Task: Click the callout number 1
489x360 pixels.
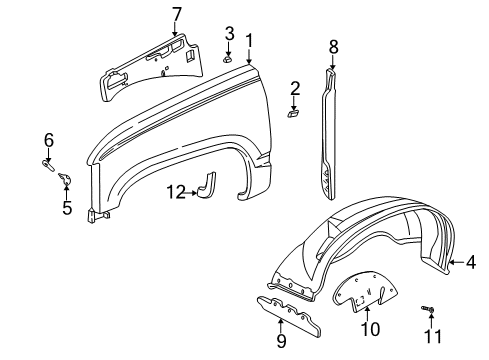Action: [x=249, y=40]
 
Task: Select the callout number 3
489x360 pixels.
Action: [x=229, y=34]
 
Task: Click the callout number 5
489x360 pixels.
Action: [x=67, y=207]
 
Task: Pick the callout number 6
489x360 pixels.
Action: [x=47, y=139]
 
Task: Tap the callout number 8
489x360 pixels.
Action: [x=333, y=45]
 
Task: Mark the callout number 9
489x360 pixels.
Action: [x=279, y=341]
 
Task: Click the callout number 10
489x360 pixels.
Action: [x=369, y=329]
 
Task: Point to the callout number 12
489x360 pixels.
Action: [x=176, y=192]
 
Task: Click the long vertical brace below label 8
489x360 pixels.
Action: [x=330, y=130]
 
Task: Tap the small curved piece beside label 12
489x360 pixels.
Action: [x=209, y=186]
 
